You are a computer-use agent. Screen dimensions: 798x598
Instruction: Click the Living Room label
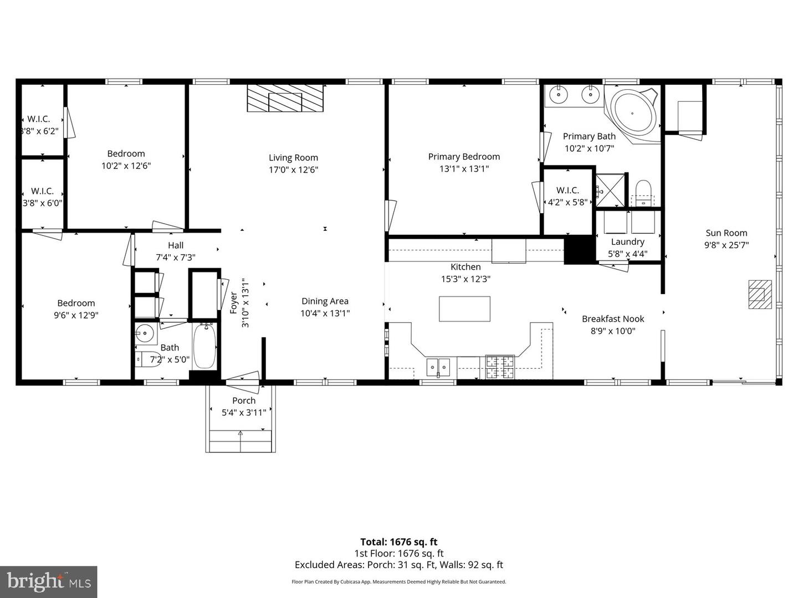293,158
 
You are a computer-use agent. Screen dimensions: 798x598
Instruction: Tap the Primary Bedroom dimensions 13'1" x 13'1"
464,168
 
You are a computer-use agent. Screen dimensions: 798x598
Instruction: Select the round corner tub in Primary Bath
632,114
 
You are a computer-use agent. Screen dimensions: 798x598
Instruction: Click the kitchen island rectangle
464,308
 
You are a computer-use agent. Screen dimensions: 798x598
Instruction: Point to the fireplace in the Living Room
285,98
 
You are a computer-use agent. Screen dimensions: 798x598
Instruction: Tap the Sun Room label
727,233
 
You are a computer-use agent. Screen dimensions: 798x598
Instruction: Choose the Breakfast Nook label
613,319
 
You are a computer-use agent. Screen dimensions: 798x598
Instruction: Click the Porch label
244,400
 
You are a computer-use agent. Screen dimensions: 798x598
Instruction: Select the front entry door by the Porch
243,382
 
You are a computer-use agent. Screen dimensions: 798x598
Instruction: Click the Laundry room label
628,242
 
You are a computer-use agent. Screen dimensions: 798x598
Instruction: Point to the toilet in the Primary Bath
643,193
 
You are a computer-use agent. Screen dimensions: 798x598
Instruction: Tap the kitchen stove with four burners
500,367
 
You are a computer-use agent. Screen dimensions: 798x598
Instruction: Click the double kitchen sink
438,367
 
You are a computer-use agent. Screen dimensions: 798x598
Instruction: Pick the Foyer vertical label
234,303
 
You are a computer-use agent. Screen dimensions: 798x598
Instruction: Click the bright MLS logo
48,581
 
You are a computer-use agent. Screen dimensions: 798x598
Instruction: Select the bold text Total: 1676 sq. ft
399,542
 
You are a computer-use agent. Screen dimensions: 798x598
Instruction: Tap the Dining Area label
325,301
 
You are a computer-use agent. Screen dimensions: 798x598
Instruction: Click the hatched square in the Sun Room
760,295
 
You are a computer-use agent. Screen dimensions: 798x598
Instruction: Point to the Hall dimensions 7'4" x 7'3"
176,257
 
